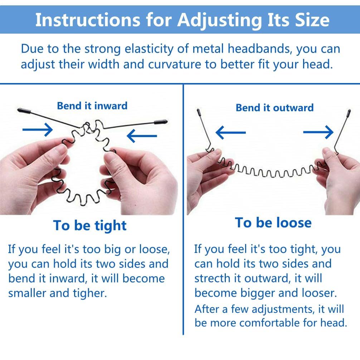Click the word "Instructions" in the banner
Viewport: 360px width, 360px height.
(x=87, y=20)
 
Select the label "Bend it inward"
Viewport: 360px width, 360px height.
(x=92, y=106)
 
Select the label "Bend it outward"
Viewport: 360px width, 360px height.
(x=274, y=108)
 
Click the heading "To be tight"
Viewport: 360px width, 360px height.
(x=90, y=225)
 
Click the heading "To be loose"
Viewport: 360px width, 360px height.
(x=273, y=223)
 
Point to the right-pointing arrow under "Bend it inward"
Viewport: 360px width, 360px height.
(x=38, y=130)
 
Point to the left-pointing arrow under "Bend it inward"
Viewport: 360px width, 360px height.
(x=142, y=136)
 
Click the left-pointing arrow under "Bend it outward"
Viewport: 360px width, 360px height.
(x=231, y=132)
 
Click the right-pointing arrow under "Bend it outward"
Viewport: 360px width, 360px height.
(x=318, y=132)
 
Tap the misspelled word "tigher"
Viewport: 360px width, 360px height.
(x=90, y=293)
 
